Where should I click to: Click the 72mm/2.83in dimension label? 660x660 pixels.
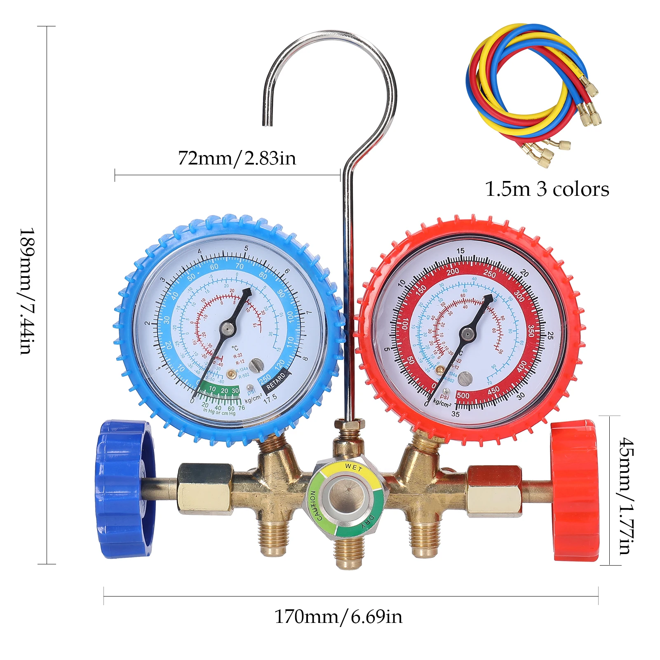(237, 158)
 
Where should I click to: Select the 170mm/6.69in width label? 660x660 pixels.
(338, 617)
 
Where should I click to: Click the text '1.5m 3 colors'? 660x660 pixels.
(547, 189)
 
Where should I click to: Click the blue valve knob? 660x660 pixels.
(124, 489)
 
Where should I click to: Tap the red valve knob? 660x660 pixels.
(575, 491)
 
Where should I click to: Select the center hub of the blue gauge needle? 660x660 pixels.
(227, 328)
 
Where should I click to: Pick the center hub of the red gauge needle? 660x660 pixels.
(467, 334)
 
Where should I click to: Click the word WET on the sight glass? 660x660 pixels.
(353, 467)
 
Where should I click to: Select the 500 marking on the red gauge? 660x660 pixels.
(463, 395)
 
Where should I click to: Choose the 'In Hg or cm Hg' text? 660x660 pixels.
(219, 413)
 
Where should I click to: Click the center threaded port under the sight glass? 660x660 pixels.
(349, 552)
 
